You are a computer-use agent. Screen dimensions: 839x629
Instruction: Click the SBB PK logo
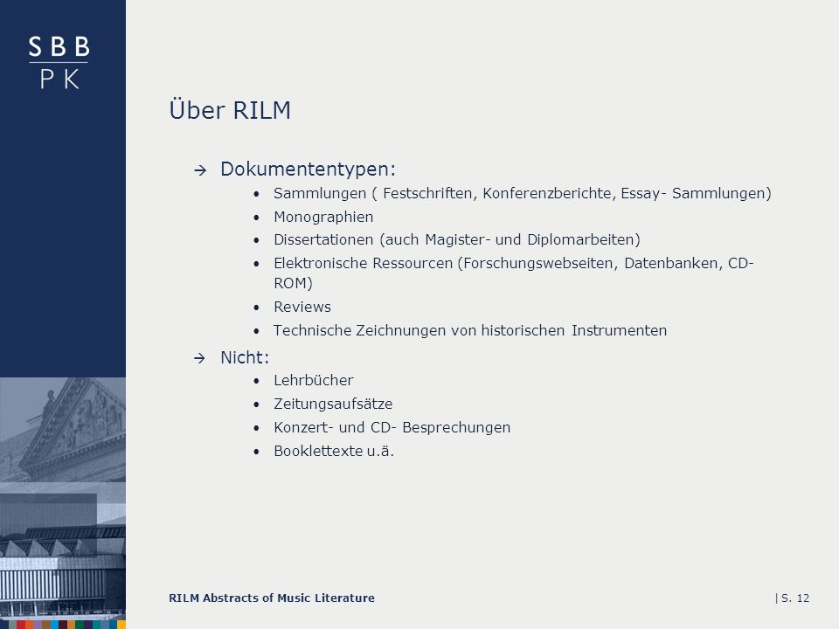pos(59,63)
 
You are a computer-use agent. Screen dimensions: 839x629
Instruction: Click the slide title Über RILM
pos(230,110)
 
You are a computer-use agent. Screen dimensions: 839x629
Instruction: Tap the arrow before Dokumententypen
pos(200,170)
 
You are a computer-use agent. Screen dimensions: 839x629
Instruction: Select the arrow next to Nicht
pos(199,358)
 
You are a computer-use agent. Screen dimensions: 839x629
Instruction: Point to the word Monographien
pos(323,218)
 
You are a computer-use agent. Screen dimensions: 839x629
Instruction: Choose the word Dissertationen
pos(323,239)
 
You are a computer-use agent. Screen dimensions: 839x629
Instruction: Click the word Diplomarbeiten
pos(583,239)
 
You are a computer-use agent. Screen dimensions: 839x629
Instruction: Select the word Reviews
pos(302,307)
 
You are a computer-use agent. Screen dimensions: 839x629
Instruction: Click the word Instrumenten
pos(619,330)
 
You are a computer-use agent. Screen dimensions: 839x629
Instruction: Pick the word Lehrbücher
pos(314,380)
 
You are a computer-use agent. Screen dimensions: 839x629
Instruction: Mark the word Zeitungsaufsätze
pos(333,404)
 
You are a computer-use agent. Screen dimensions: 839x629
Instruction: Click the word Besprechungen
pos(456,427)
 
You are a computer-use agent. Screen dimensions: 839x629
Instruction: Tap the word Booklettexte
pos(318,451)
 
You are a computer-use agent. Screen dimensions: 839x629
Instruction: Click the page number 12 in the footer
pos(802,598)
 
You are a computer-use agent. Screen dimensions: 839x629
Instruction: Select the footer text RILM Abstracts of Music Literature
pos(272,598)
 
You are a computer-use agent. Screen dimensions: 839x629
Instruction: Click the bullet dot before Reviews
pos(256,308)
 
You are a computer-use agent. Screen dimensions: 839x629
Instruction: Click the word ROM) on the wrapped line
pos(294,283)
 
